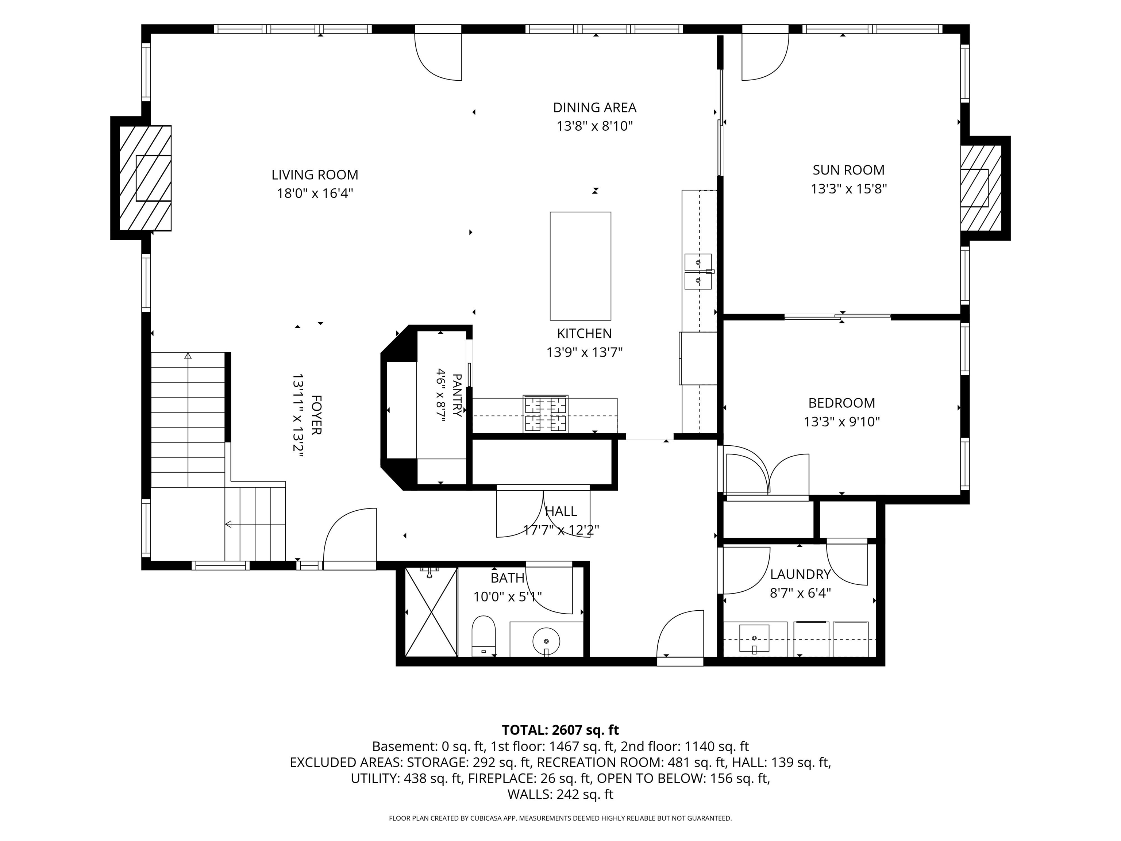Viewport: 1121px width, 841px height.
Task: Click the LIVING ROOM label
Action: click(315, 175)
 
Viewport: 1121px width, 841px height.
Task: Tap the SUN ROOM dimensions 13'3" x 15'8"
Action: click(848, 189)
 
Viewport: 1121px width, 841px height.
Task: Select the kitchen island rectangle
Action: click(580, 266)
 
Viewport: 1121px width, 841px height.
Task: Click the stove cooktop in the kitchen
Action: click(545, 414)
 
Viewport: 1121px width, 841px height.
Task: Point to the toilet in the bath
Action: click(483, 636)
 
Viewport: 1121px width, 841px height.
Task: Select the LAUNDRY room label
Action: click(800, 574)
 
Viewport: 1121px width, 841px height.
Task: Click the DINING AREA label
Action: click(594, 107)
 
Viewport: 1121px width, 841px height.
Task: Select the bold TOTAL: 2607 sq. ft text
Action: click(560, 730)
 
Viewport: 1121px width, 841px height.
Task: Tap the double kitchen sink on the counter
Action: click(698, 271)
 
